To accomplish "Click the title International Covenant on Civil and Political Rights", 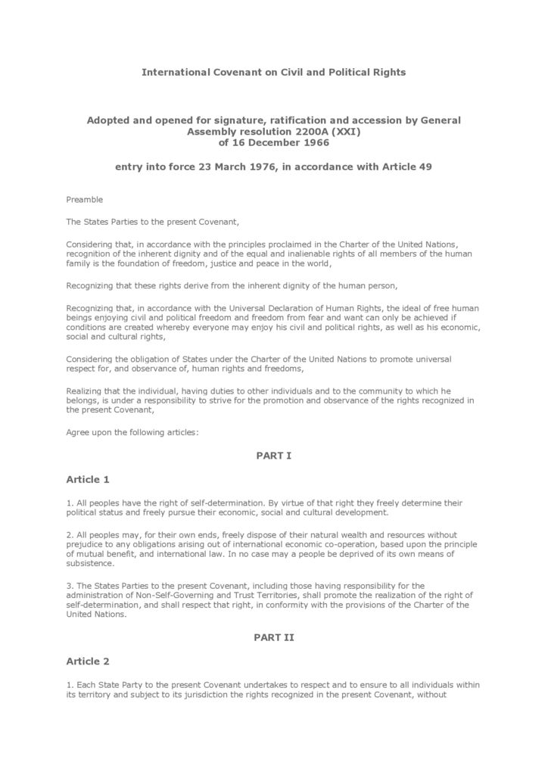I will click(x=274, y=72).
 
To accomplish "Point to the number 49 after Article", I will click(x=425, y=167).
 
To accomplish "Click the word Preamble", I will click(x=84, y=200).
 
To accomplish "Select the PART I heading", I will click(x=274, y=456).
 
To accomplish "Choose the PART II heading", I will click(x=274, y=637).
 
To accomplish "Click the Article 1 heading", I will click(x=88, y=479).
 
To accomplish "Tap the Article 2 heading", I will click(x=88, y=661).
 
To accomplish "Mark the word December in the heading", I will click(x=268, y=142).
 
